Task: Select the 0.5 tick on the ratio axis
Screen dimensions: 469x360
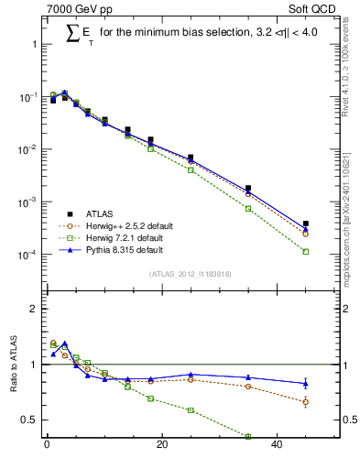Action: click(x=27, y=420)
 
